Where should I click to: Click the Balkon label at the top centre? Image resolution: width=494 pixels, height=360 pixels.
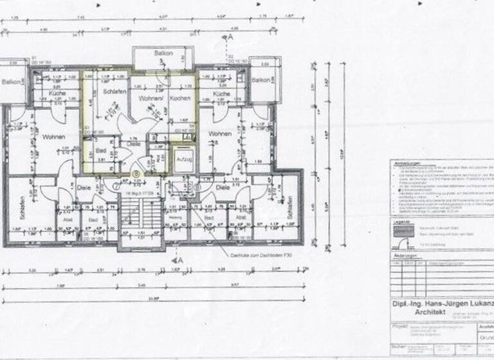[x=163, y=53]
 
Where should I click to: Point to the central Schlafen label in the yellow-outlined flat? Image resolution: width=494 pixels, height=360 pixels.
[x=115, y=93]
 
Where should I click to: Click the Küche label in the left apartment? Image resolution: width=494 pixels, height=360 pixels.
[x=57, y=93]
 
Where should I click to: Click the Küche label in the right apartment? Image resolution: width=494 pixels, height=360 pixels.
[x=220, y=94]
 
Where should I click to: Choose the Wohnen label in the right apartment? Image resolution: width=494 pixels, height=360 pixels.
[x=220, y=134]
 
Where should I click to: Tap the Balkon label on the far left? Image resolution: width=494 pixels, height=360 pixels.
[x=10, y=82]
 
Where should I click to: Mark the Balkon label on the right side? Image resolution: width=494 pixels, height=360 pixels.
[x=261, y=80]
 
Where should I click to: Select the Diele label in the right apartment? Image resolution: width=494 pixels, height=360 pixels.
[x=223, y=188]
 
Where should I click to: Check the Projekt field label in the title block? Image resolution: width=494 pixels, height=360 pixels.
[x=401, y=327]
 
